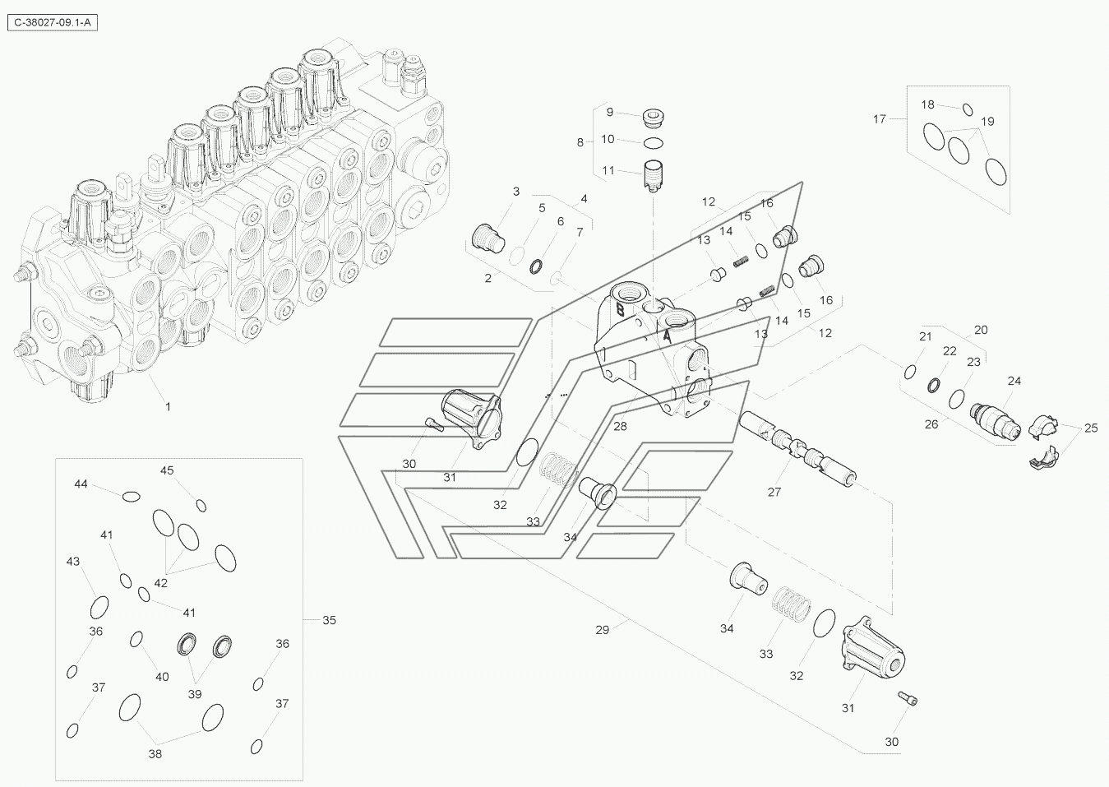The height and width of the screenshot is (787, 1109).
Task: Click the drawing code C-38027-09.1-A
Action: tap(53, 23)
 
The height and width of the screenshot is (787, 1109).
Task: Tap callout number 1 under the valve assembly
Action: tap(168, 406)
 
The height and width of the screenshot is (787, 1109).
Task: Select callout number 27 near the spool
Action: tap(774, 492)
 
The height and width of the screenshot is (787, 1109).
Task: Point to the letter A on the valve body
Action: tap(667, 337)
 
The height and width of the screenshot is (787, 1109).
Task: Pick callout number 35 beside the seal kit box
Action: tap(329, 619)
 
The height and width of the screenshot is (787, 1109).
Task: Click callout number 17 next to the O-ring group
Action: tap(880, 119)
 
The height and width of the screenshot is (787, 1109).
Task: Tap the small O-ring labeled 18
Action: tap(968, 109)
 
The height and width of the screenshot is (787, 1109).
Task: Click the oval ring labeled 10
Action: tap(654, 143)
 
